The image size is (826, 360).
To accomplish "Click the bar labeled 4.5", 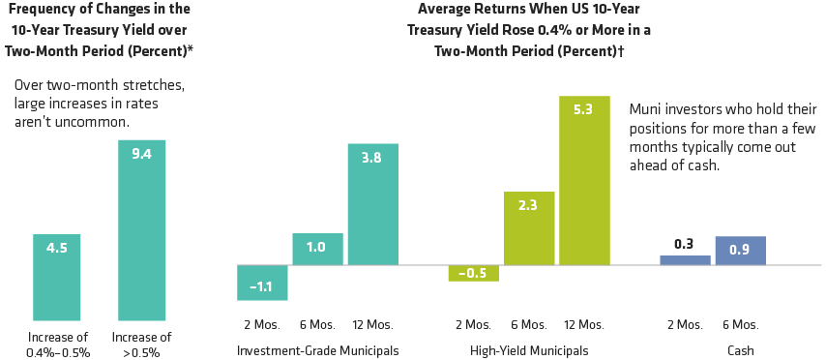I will [x=57, y=277].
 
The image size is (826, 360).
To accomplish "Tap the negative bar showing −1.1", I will [x=262, y=283].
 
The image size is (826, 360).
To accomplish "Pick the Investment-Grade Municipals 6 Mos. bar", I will [x=317, y=249].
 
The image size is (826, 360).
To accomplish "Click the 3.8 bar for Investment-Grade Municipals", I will [x=372, y=204].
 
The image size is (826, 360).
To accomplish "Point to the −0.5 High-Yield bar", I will [x=473, y=273].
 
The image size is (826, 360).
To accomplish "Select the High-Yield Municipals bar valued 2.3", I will [x=528, y=227].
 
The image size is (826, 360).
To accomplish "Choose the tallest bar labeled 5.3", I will [x=584, y=179].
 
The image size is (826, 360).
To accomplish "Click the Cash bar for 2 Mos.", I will [x=685, y=259].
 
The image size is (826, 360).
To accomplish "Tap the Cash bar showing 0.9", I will [x=740, y=250].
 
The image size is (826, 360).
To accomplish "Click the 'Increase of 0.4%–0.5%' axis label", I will [x=57, y=345].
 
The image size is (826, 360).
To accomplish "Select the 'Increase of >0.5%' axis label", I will [x=142, y=345].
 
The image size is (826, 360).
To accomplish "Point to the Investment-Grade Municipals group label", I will [x=317, y=350].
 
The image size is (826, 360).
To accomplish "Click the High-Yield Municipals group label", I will [x=528, y=350].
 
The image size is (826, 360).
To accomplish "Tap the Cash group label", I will [x=740, y=350].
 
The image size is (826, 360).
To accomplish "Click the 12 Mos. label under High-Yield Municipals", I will [x=584, y=323].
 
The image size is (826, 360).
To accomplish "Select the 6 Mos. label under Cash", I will [x=740, y=323].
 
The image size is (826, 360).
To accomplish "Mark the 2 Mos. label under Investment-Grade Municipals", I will [x=262, y=323].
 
